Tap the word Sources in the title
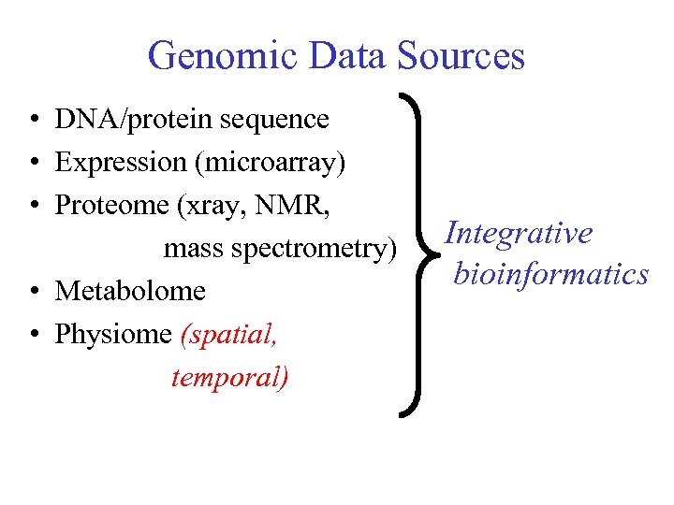pos(461,56)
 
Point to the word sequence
pos(278,120)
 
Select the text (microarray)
pos(270,163)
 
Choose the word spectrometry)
pos(317,249)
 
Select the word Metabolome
pos(130,291)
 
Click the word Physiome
pos(113,334)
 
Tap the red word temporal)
pos(230,377)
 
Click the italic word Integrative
pos(519,232)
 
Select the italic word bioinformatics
pos(550,273)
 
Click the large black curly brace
pos(418,252)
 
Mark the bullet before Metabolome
pos(33,292)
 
